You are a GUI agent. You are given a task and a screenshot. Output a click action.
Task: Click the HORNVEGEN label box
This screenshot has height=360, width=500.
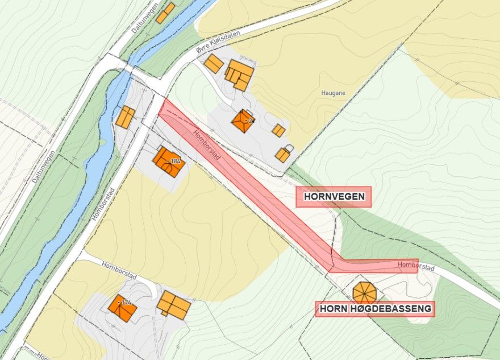(x=334, y=197)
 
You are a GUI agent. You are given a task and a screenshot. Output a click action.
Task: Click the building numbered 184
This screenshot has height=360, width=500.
(x=168, y=162)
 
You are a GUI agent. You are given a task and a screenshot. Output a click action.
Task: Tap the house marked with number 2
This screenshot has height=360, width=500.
(x=243, y=121)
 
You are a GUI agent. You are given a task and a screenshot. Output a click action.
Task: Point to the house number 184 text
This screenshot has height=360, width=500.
(x=175, y=162)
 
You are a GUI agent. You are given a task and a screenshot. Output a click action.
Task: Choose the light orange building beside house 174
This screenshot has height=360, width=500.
(x=173, y=304)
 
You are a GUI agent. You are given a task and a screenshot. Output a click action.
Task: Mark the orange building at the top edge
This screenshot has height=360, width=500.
(x=165, y=13)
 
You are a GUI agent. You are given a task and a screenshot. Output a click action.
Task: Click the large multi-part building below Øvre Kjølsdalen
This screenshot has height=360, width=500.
(x=239, y=76)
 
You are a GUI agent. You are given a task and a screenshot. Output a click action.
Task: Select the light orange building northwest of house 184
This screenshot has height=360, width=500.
(x=125, y=117)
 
